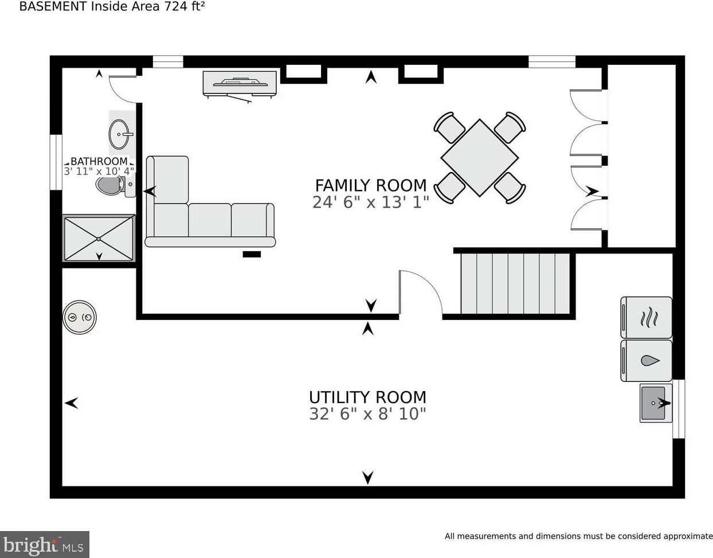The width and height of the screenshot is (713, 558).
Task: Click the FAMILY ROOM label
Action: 371,185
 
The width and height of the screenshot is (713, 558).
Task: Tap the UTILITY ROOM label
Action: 367,397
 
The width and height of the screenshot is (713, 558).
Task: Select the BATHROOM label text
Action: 99,161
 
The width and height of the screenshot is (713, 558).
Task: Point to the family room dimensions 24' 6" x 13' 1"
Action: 371,202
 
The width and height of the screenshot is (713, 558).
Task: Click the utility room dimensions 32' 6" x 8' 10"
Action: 367,414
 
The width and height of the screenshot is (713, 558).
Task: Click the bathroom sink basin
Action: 119,134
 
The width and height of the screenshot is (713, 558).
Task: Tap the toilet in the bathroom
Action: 115,186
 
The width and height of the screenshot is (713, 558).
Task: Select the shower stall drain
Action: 99,239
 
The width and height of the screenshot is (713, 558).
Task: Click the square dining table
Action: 479,158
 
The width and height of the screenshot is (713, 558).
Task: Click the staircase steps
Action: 515,284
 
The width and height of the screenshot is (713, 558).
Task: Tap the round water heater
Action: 80,317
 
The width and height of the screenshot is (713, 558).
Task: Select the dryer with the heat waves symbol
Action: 646,317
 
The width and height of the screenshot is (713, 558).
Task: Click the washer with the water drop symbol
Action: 646,361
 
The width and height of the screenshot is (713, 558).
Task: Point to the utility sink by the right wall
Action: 656,403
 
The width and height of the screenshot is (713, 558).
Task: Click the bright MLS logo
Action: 44,545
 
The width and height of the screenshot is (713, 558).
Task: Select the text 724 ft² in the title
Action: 185,6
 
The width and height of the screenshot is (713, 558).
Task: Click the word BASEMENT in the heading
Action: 53,6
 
